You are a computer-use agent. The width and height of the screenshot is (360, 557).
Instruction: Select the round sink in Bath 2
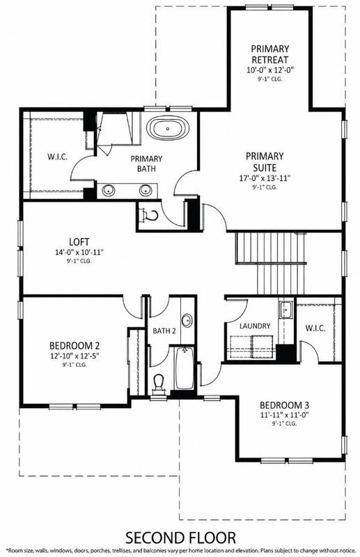(187, 321)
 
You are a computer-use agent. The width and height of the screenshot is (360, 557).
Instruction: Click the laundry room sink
(285, 309)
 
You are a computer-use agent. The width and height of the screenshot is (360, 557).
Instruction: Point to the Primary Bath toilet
(149, 215)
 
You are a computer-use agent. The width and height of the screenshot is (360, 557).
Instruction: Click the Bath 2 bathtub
(185, 368)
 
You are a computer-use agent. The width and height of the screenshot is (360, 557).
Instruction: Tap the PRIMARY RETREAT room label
(269, 54)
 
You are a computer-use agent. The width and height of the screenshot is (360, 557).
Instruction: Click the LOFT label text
(79, 242)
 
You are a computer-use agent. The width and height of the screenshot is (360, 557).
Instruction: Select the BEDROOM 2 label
(75, 345)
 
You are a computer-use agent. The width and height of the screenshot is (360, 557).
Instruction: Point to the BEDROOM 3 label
(284, 405)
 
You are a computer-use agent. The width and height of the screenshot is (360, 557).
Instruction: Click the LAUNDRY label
(255, 326)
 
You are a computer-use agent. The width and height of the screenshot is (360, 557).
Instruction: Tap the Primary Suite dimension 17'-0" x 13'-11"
(265, 178)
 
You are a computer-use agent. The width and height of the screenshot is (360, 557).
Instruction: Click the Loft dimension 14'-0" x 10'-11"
(79, 253)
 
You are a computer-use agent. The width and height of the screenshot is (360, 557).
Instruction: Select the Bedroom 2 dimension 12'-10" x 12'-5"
(75, 356)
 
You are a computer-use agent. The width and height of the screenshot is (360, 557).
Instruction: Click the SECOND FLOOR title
(180, 538)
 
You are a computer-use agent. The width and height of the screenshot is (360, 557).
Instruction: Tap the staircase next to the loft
(271, 263)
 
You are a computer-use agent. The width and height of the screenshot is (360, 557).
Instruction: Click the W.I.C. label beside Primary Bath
(58, 157)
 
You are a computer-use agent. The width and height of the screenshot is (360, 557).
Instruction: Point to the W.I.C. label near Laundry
(315, 328)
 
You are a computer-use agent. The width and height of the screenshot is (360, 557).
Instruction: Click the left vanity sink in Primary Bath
(109, 190)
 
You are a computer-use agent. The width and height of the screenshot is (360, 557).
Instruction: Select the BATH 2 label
(164, 331)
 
